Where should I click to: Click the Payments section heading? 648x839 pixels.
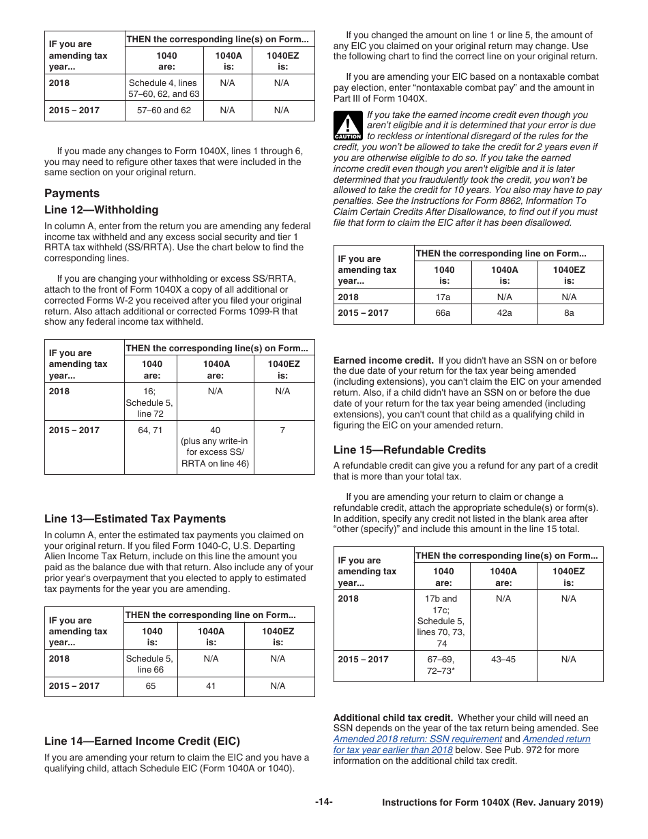coord(72,193)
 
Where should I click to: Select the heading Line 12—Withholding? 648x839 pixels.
coord(101,210)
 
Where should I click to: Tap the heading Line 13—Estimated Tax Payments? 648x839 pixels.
coord(134,518)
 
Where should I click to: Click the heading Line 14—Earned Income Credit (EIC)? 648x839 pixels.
coord(142,741)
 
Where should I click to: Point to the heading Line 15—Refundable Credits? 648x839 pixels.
coord(409,450)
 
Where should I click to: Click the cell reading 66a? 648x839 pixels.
coord(443,312)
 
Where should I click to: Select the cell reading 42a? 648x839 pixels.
coord(504,312)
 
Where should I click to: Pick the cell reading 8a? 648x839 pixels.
coord(569,312)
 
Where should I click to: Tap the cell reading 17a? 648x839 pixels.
coord(443,297)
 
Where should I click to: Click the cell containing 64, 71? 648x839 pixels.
coord(150,430)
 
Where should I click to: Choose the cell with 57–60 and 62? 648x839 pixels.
coord(164,110)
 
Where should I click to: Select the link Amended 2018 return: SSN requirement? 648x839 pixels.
coord(417,739)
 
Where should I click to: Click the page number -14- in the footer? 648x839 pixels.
coord(323,802)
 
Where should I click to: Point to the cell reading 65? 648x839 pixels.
coord(151,686)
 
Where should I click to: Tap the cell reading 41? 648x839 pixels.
coord(211,686)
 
